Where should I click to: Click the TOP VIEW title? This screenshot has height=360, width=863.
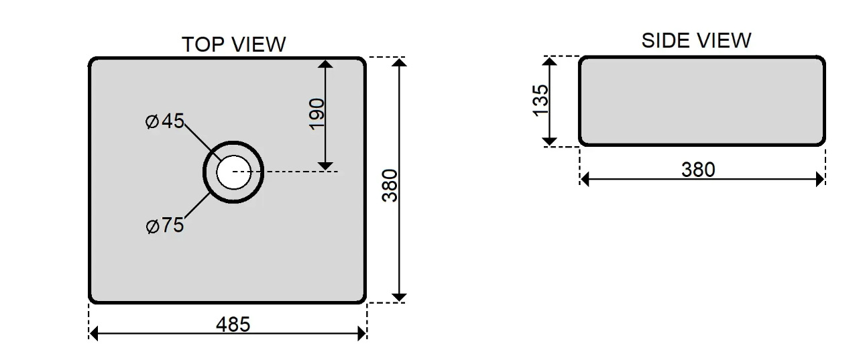click(x=233, y=44)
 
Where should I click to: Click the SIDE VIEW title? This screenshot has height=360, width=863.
click(x=696, y=40)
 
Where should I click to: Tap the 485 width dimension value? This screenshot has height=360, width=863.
click(x=233, y=324)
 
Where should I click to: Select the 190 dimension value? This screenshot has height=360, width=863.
click(x=317, y=115)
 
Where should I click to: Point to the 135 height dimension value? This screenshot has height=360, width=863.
click(x=540, y=100)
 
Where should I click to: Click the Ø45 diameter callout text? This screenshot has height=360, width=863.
click(x=165, y=121)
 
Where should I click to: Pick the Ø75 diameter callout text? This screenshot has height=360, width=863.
click(x=165, y=225)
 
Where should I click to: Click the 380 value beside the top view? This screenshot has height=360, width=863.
click(x=390, y=186)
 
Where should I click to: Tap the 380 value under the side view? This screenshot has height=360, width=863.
click(x=698, y=170)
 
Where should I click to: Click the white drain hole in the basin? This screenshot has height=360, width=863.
click(x=233, y=172)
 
